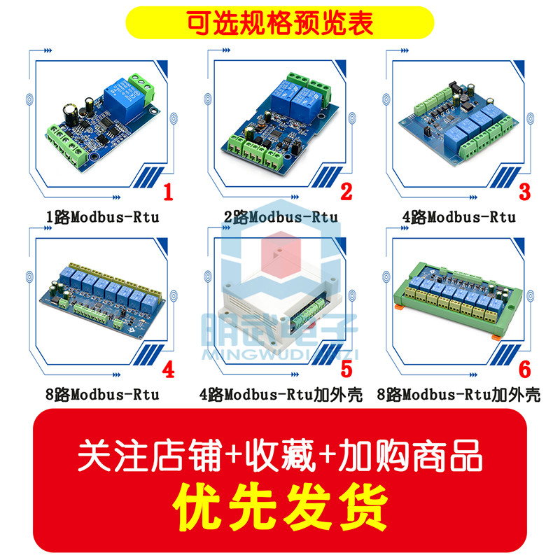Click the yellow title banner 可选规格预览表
point(279,21)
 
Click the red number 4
point(167,369)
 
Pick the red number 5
point(346,369)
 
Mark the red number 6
point(525,369)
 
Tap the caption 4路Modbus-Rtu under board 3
point(458,217)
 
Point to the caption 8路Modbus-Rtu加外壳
point(458,395)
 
